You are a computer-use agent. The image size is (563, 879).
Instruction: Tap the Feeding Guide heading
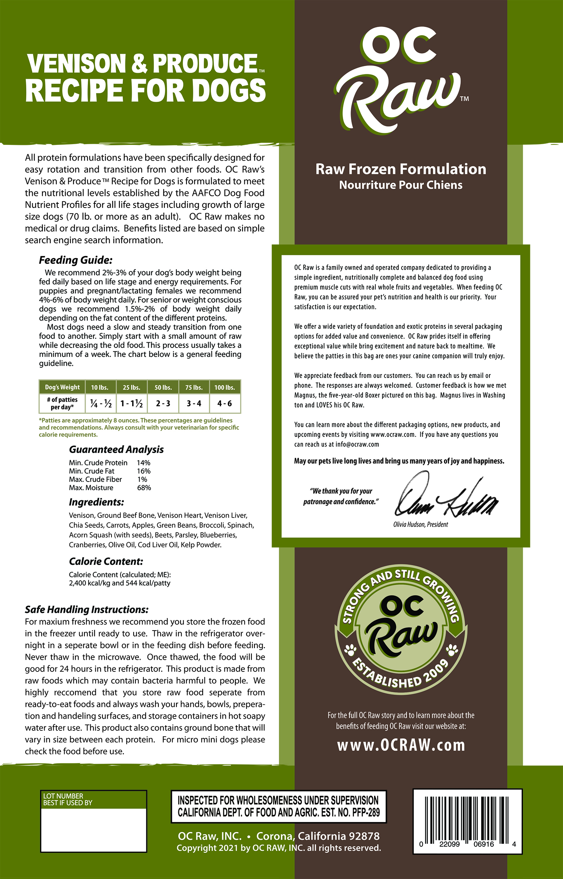(x=75, y=260)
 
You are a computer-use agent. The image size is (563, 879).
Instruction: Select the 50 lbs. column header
(x=163, y=387)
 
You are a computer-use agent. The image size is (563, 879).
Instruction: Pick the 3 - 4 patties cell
(x=194, y=403)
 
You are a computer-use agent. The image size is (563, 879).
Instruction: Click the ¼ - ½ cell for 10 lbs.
(x=101, y=403)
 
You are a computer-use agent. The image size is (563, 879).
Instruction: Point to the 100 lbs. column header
(x=224, y=387)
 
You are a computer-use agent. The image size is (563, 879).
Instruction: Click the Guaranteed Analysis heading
(x=116, y=449)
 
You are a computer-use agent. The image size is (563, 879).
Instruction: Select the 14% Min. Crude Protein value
(x=143, y=463)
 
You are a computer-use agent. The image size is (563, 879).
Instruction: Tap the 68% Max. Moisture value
(x=144, y=488)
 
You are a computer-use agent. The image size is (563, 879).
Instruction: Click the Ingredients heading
(x=96, y=502)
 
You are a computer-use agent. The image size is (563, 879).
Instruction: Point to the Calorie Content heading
(x=106, y=561)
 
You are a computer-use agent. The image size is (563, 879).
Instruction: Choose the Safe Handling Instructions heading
(x=87, y=610)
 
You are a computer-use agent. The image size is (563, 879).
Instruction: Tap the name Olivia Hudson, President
(x=420, y=524)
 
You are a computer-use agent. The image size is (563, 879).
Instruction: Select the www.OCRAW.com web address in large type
(x=401, y=745)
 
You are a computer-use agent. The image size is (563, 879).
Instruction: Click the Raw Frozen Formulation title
(x=401, y=169)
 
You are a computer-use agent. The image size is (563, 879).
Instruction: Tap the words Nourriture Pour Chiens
(x=401, y=185)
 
